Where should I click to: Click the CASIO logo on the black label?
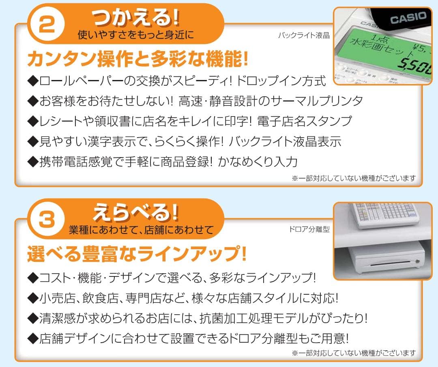tap(408, 18)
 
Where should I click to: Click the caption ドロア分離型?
tap(309, 229)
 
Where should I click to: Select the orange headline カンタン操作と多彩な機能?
tap(137, 59)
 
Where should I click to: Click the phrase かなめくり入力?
tap(258, 162)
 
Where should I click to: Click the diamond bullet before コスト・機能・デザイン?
tap(32, 278)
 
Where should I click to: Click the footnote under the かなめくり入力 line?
tap(354, 178)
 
